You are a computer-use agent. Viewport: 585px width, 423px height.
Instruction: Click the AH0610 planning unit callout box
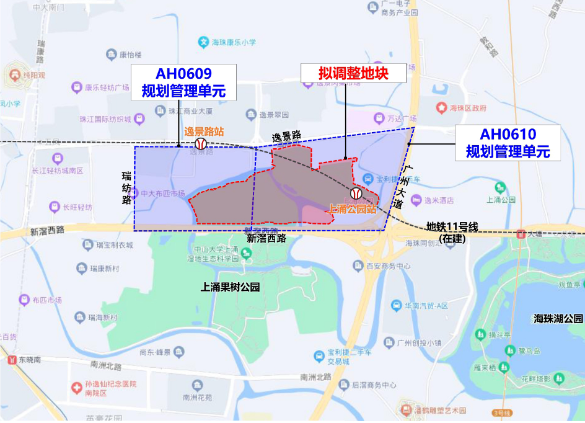(x=508, y=142)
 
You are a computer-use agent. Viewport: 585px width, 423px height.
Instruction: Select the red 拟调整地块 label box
(x=353, y=73)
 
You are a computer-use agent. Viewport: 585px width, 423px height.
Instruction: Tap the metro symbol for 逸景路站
(x=200, y=144)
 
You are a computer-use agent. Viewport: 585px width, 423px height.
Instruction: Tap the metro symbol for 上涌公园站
(x=356, y=194)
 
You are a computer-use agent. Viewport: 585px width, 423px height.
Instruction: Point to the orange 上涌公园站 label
(x=351, y=209)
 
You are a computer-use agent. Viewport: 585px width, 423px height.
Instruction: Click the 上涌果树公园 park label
(x=230, y=287)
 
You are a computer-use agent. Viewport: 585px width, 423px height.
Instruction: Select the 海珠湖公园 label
(x=558, y=319)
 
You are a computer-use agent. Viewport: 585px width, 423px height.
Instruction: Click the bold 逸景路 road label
(x=286, y=135)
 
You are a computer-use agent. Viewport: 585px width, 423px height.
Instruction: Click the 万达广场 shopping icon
(x=378, y=118)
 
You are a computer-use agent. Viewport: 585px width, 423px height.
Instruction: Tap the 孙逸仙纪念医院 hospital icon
(x=76, y=388)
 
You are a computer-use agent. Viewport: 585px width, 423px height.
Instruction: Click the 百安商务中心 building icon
(x=358, y=265)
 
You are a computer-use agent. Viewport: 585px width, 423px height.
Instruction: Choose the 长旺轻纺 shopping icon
(x=54, y=207)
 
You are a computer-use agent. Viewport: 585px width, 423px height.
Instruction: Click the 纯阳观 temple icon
(x=14, y=75)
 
